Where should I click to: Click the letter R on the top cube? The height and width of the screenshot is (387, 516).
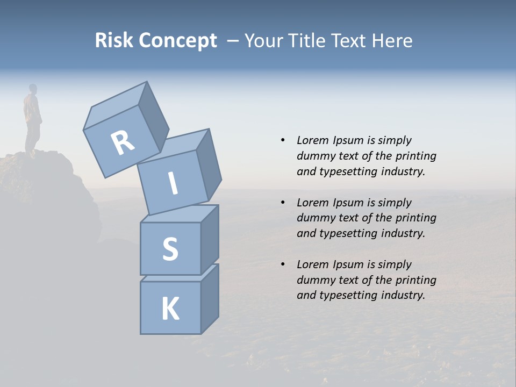123,143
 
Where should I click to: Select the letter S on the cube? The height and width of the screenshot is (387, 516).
170,249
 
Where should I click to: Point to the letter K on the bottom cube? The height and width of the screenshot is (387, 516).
170,309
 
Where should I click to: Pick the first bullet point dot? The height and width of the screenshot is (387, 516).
282,140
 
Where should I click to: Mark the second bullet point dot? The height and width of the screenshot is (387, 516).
282,203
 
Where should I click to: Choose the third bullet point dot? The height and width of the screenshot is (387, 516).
282,264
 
